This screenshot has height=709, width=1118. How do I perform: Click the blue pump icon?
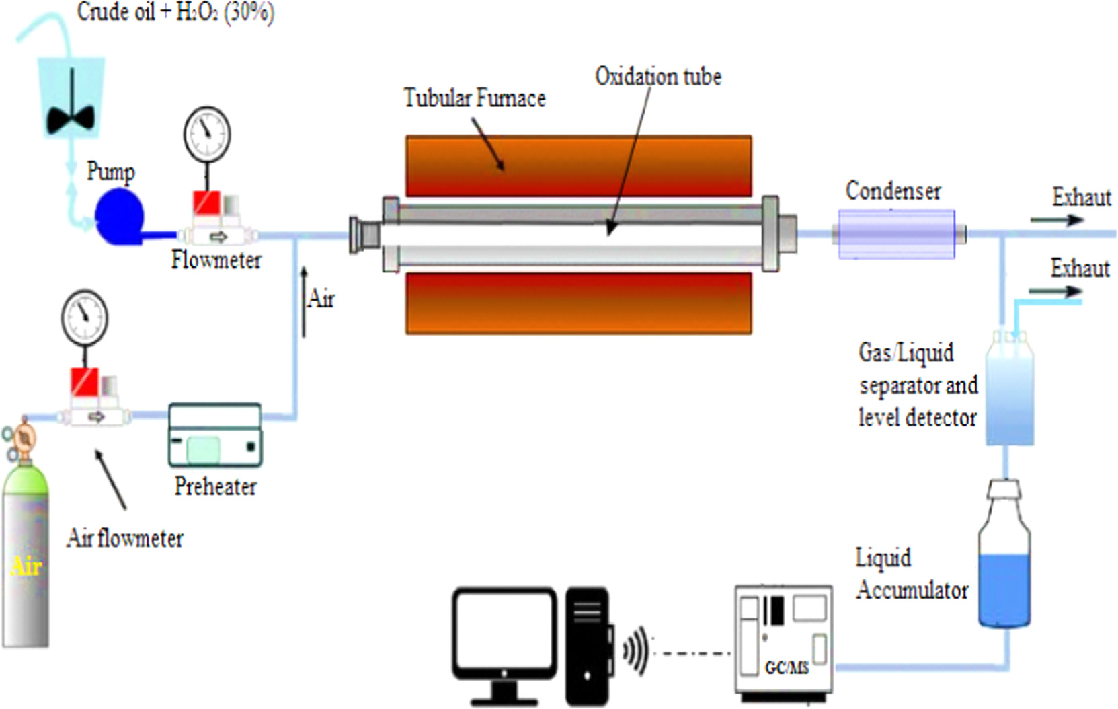tap(119, 215)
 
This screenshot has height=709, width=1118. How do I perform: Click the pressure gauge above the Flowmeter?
tap(207, 134)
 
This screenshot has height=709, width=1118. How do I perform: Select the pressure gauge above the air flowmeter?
tap(85, 317)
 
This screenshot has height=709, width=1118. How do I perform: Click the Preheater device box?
tap(215, 435)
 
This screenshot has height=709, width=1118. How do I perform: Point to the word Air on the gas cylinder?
tap(26, 566)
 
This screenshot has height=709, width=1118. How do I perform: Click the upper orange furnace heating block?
tap(578, 165)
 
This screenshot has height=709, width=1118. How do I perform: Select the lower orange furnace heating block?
tap(578, 303)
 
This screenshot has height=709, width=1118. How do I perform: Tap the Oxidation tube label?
tap(658, 77)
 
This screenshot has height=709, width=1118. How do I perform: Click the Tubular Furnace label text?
tap(474, 98)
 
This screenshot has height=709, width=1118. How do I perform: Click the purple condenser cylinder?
tap(896, 234)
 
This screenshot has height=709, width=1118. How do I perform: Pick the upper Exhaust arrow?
tap(1056, 220)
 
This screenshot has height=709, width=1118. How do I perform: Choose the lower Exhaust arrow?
tap(1055, 291)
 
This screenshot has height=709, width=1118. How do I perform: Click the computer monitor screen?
tap(504, 632)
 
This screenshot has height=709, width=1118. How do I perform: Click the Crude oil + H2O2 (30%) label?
tap(175, 11)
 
